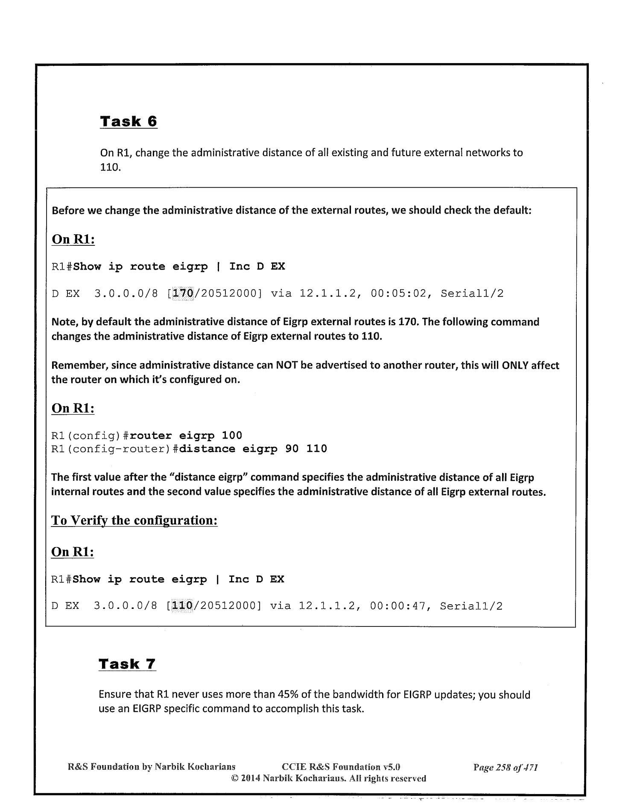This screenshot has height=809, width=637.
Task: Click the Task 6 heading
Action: coord(129,122)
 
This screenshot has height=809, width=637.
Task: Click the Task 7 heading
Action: coord(127,664)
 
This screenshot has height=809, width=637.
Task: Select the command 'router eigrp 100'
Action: coord(186,436)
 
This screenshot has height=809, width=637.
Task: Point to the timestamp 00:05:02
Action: coord(399,294)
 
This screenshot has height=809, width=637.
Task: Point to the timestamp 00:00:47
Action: coord(398,606)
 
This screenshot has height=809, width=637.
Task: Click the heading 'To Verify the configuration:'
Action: coord(134,521)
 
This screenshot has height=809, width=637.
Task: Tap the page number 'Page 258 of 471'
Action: coord(506,768)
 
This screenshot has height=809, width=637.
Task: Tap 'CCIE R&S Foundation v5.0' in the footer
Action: coord(341,768)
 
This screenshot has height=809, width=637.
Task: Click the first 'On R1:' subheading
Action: coord(73,239)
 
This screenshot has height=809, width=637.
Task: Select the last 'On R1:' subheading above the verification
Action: coord(73,552)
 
